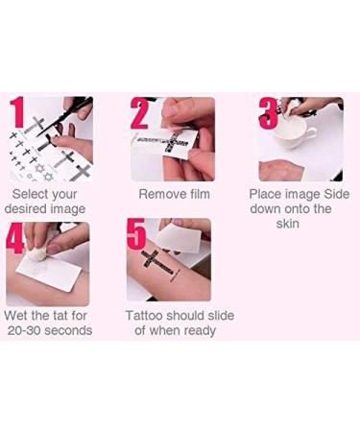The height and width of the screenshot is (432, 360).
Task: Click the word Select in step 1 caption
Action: click(29, 193)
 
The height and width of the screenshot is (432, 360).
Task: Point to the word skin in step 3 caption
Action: click(288, 224)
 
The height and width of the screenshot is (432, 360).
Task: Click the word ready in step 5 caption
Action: click(196, 330)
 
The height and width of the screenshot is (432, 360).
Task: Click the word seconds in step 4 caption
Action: click(73, 330)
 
